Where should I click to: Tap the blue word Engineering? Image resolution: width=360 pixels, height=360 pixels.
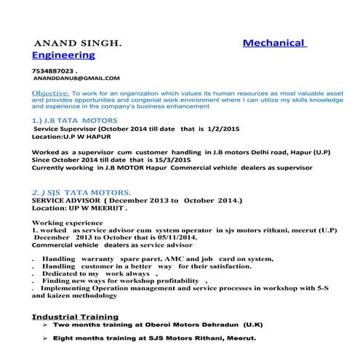64,55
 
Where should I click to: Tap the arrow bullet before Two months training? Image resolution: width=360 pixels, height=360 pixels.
46,327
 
